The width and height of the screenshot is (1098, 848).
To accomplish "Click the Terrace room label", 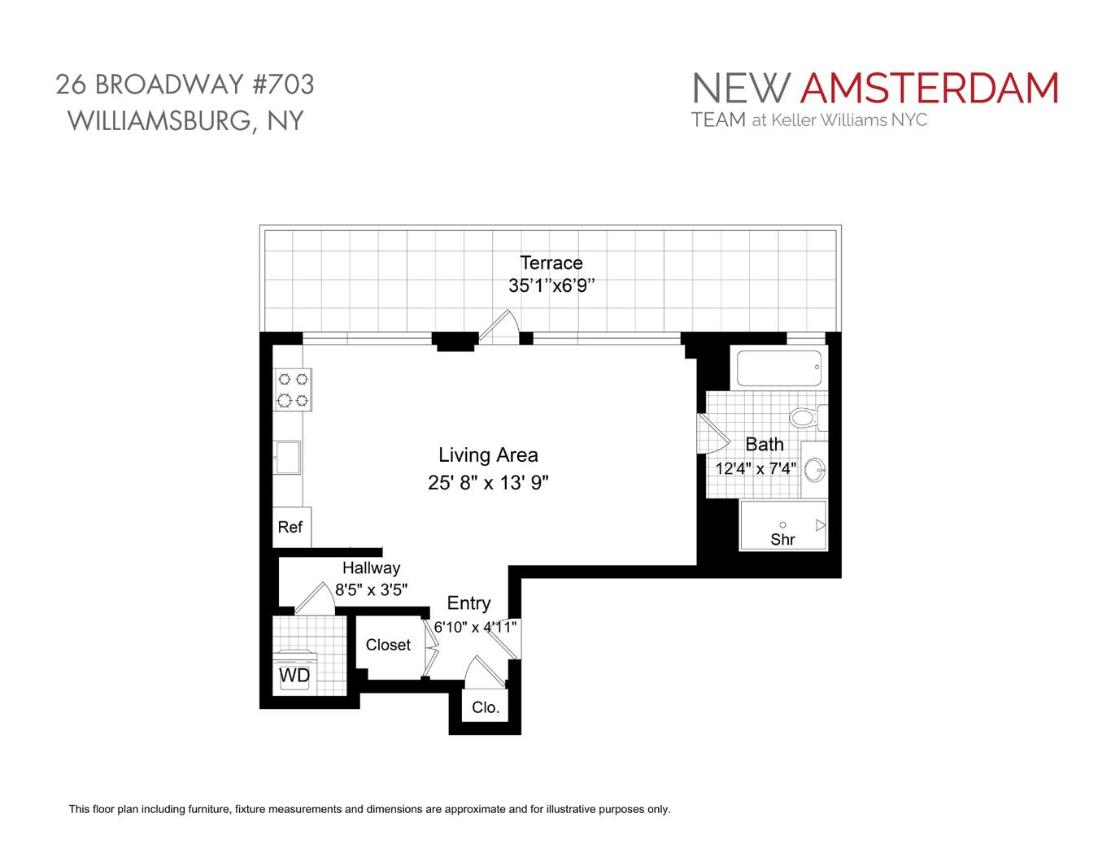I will (x=551, y=263).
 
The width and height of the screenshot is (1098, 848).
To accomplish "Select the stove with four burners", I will (x=293, y=389).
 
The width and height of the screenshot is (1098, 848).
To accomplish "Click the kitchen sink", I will (x=287, y=457).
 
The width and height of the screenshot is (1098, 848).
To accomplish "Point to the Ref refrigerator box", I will (x=290, y=527).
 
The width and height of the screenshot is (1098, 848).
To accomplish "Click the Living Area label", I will (x=488, y=455).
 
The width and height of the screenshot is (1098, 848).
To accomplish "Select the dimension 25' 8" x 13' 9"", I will (x=488, y=483).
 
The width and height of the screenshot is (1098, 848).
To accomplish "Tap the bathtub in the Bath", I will (x=780, y=367).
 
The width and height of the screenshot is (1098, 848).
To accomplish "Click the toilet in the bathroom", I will (x=804, y=419).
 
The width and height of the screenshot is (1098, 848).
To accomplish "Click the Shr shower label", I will (x=782, y=539).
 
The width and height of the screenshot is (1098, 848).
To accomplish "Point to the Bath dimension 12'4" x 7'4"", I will (x=755, y=469).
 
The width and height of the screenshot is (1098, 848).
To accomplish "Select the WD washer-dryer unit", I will (x=294, y=674).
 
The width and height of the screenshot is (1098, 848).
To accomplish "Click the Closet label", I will (x=388, y=645).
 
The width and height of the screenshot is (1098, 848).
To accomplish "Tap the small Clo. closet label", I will (x=486, y=707).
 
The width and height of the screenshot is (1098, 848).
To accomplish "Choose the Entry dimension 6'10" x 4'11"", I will (x=475, y=627).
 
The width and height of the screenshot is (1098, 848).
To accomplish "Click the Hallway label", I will (x=371, y=568).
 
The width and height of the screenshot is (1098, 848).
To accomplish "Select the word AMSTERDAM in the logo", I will (x=929, y=89).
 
